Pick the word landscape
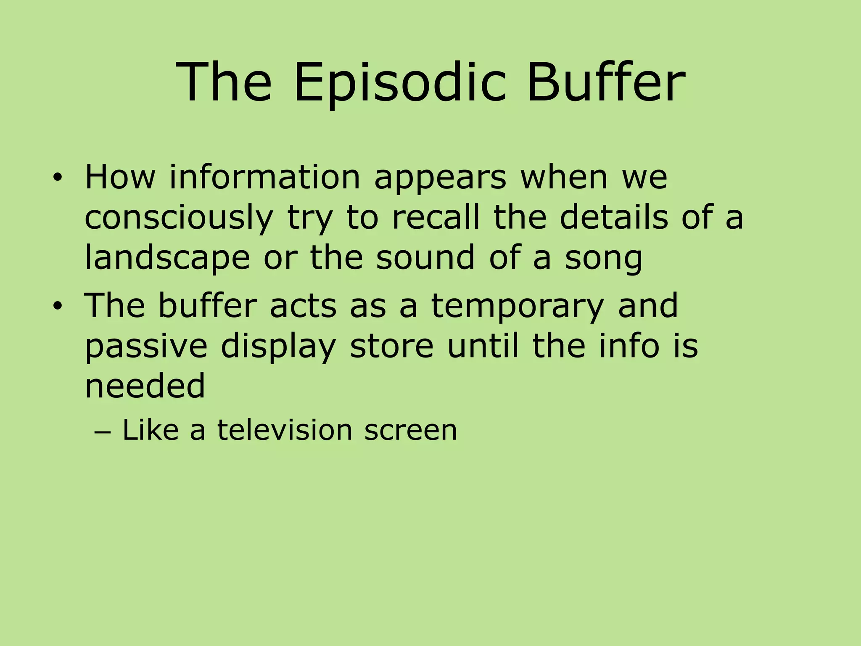(x=167, y=258)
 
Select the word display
(x=278, y=347)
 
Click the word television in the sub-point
(x=285, y=430)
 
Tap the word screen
(x=410, y=431)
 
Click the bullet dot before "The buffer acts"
(x=57, y=307)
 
